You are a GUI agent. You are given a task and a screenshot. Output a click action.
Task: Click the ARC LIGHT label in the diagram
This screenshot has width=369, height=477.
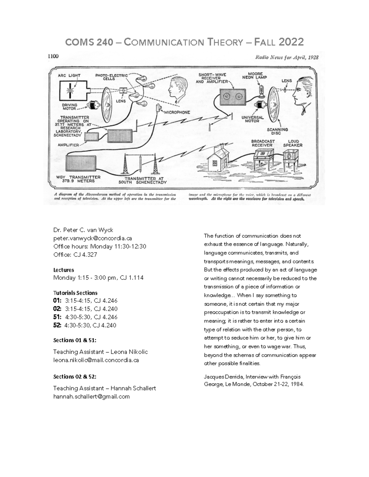[69, 76]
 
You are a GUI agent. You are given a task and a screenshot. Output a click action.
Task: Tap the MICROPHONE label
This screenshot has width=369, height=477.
[177, 112]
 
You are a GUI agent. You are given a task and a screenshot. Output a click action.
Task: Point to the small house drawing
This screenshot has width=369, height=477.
[218, 159]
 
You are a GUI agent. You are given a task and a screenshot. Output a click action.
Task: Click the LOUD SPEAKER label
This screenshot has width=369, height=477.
[293, 143]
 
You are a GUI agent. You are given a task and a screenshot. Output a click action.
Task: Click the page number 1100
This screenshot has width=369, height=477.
[53, 56]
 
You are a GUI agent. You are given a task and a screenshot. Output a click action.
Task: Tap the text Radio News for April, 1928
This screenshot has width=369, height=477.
[286, 57]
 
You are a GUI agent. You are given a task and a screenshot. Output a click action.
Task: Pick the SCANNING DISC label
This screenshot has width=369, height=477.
[277, 131]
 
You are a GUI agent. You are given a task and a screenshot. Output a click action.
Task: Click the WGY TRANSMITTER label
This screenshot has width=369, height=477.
[78, 179]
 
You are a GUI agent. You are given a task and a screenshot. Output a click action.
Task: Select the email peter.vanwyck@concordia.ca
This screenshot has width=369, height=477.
[93, 238]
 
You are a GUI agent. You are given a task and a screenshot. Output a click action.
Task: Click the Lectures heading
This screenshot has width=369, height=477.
[64, 270]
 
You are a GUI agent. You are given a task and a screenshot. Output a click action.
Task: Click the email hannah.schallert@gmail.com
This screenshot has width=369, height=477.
[91, 397]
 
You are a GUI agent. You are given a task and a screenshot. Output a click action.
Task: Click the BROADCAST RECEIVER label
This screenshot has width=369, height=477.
[263, 143]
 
